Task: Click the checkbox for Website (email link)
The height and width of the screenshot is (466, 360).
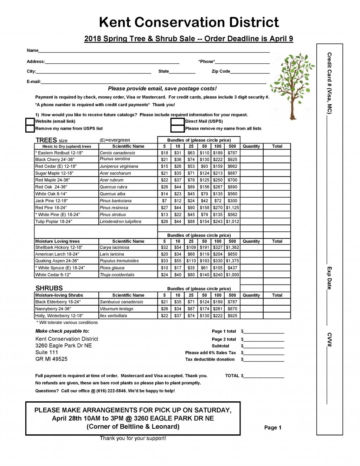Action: click(x=30, y=121)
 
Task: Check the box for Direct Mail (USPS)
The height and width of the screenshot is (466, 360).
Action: click(x=178, y=121)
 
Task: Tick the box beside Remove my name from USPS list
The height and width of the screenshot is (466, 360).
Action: click(x=30, y=128)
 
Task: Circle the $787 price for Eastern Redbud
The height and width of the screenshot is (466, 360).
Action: click(x=232, y=153)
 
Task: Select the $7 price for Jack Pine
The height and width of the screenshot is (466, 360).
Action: click(x=164, y=201)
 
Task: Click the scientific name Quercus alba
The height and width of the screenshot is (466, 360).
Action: click(x=110, y=194)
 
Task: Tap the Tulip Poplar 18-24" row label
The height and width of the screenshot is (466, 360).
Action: click(x=53, y=222)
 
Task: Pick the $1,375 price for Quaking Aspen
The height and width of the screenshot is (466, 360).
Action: click(x=232, y=261)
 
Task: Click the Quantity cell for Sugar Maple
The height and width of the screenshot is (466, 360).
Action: click(x=251, y=173)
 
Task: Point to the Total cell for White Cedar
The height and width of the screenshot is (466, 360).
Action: click(x=277, y=275)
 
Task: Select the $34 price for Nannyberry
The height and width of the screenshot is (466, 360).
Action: click(x=178, y=309)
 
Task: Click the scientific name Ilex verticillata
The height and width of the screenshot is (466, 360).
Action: click(x=113, y=316)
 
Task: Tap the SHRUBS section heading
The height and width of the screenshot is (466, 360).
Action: click(x=49, y=288)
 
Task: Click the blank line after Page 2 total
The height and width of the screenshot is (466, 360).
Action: click(x=264, y=339)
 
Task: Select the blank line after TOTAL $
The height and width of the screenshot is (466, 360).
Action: click(x=264, y=376)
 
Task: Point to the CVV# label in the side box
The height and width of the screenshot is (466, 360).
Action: click(x=329, y=339)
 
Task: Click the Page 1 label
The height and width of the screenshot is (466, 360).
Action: click(x=273, y=428)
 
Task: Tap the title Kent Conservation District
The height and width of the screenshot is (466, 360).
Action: click(x=189, y=22)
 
